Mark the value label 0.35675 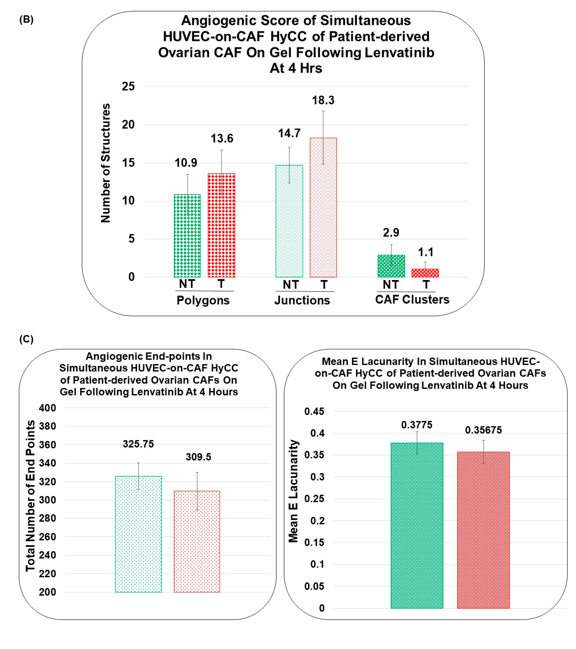coord(483,430)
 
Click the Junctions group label coord(302,300)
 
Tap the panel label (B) coord(26,20)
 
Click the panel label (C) coord(26,339)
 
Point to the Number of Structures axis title coord(106,163)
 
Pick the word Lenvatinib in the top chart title coord(399,52)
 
